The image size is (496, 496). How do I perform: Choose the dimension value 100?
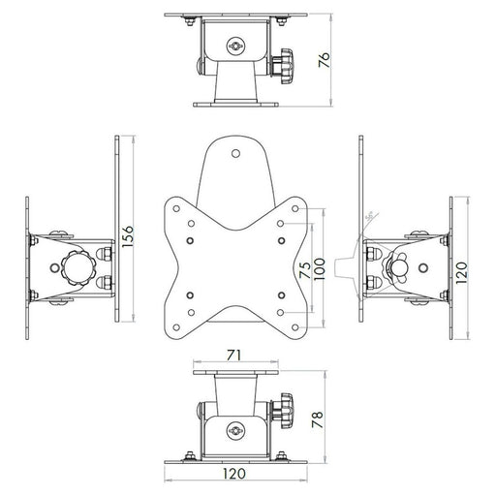tap(320, 260)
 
